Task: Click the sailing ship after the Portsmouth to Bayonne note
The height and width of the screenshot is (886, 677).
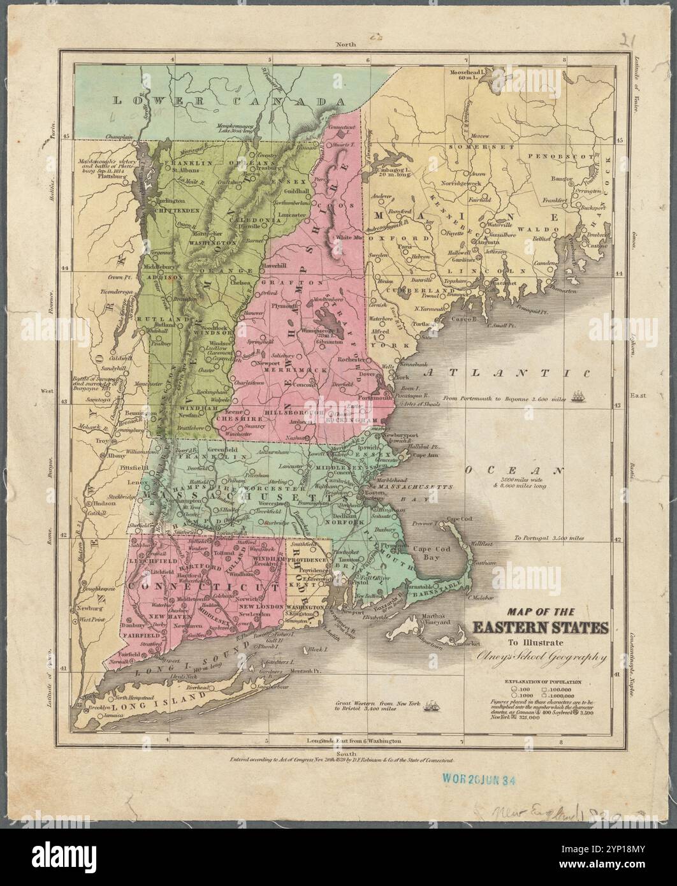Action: click(580, 396)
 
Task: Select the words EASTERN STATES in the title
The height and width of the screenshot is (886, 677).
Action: click(539, 627)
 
